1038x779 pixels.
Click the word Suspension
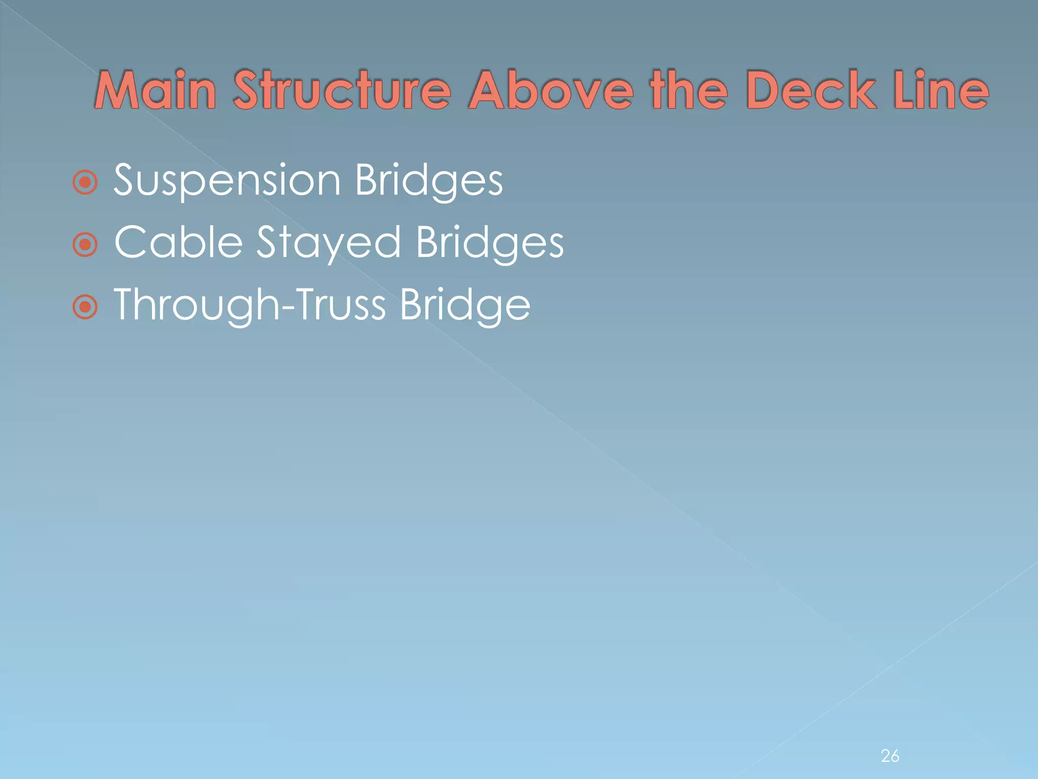coord(227,181)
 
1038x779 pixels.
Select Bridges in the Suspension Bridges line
coord(429,181)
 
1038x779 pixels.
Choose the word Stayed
coord(328,243)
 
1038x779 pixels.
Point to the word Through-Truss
coord(249,305)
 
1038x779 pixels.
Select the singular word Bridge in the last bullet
coord(465,305)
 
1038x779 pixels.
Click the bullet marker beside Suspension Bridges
coord(85,183)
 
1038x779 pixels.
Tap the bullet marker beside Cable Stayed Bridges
coord(85,245)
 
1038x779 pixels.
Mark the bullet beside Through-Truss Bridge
coord(85,307)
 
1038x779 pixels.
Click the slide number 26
coord(890,756)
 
